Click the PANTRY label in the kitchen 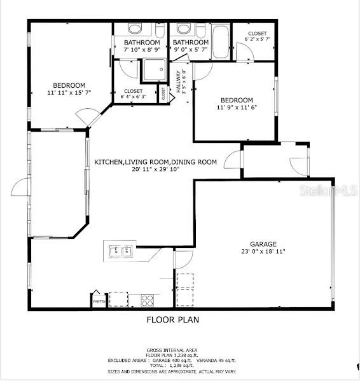99,301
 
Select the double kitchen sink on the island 120,251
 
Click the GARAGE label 263,244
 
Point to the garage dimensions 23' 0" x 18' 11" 263,252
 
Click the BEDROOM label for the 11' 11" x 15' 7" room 69,85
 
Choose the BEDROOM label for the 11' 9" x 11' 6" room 237,100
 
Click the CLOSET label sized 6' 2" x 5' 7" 257,33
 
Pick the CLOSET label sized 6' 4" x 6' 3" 134,91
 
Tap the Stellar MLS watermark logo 333,190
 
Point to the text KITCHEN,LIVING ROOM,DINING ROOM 156,162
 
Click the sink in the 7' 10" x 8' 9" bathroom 135,29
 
